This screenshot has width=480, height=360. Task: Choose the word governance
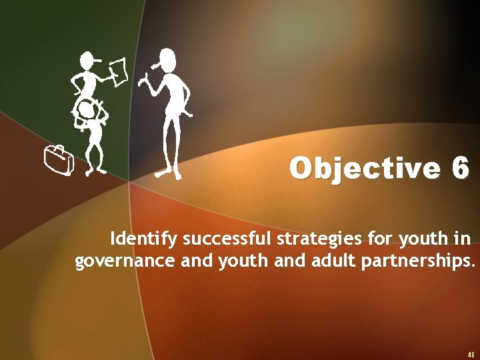pos(126,261)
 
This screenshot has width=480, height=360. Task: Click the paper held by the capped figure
pos(118,69)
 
